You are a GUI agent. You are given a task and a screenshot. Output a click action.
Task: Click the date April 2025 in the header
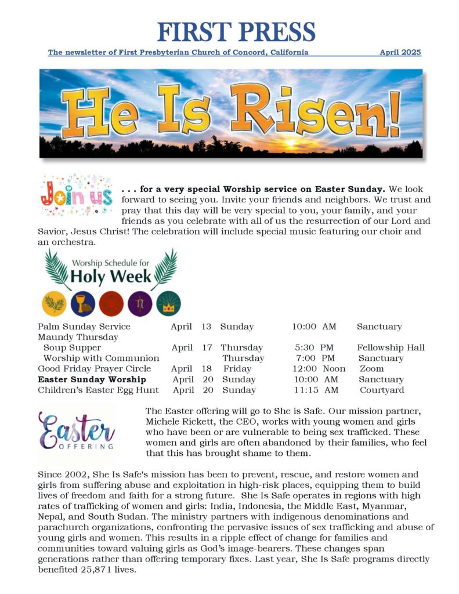[400, 52]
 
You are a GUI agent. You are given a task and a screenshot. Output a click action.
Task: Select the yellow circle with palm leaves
[54, 303]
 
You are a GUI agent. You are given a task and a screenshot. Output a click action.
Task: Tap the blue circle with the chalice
[82, 303]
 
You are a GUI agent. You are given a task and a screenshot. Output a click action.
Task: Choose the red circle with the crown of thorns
[111, 303]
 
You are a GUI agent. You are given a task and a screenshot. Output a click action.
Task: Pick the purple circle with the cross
[140, 303]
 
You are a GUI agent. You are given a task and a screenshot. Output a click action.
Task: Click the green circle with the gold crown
[168, 303]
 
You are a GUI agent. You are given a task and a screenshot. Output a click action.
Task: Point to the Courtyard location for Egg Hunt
[381, 390]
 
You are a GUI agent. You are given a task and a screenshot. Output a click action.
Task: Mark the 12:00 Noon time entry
[319, 369]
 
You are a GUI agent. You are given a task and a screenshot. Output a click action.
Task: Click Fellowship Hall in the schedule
[391, 348]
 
